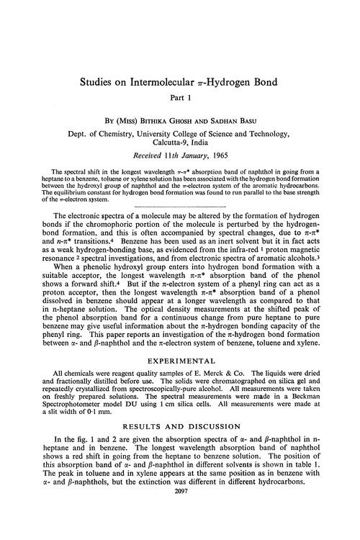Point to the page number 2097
(x=179, y=531)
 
